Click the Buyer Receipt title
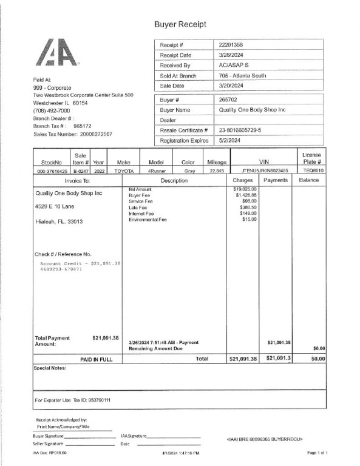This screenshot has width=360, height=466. (x=180, y=24)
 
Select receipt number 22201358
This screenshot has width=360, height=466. (x=231, y=46)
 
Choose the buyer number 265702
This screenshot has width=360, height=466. (x=228, y=100)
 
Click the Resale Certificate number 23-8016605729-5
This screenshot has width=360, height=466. (x=241, y=130)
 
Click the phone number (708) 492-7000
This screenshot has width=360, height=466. (x=52, y=111)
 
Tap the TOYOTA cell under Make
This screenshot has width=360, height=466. (x=124, y=171)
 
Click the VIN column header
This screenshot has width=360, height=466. (x=263, y=163)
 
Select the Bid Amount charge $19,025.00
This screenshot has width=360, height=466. (x=245, y=189)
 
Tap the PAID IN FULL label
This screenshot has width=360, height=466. (x=97, y=359)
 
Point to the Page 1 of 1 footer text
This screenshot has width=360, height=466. (x=318, y=453)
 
